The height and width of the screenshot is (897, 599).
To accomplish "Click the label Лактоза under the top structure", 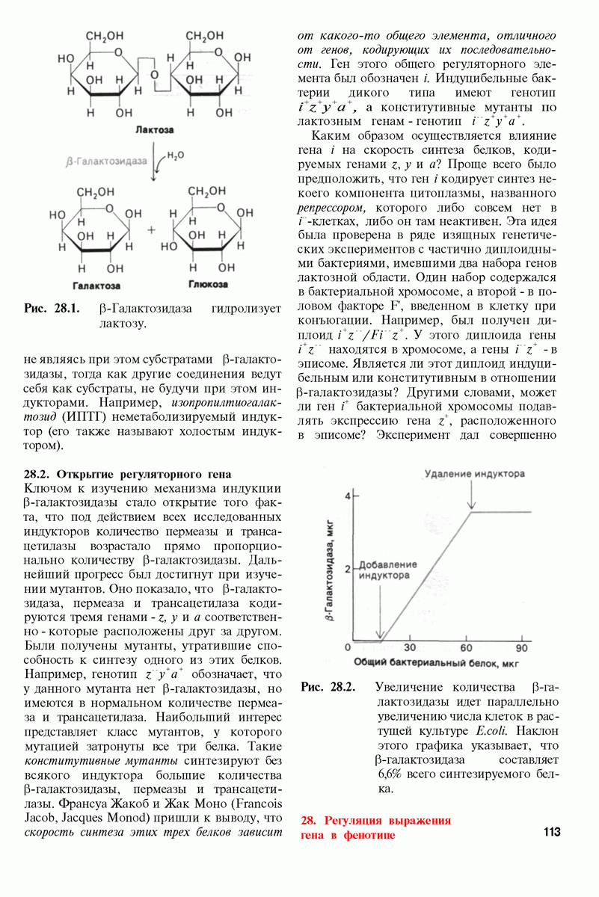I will pos(155,129).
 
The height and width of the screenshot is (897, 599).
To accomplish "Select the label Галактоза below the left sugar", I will pos(96,286).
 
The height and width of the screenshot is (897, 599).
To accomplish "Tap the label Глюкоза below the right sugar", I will pos(203,285).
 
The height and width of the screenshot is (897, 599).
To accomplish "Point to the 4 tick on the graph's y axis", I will pos(346,496).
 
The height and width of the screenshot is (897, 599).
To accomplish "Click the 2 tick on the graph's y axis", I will pos(346,569).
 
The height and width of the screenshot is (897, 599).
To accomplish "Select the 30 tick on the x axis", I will pos(410,647).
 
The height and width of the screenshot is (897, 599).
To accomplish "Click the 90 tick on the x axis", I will pos(521,647).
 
